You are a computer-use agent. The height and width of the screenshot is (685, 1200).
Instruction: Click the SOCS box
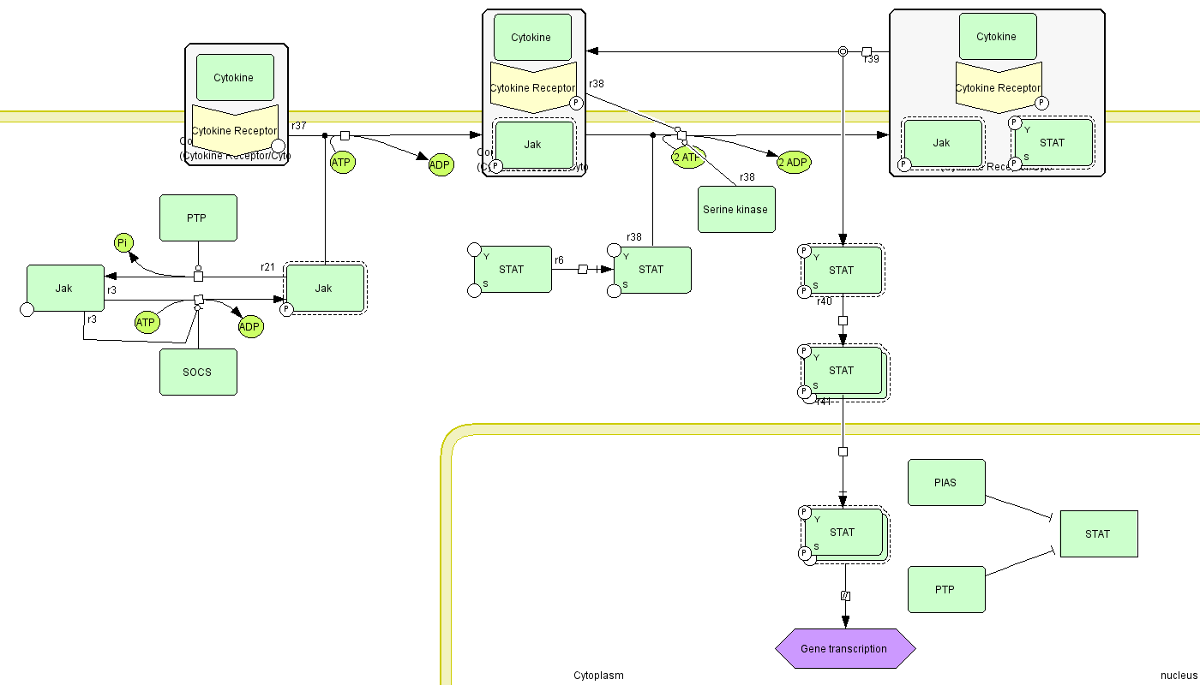tap(198, 372)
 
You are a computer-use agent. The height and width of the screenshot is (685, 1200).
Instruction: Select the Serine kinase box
tap(736, 209)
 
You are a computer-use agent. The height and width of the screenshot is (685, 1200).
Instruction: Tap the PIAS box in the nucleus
tap(946, 482)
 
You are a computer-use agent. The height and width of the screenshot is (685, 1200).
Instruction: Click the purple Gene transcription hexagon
tap(845, 648)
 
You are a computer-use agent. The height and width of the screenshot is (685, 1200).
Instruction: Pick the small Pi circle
tap(123, 243)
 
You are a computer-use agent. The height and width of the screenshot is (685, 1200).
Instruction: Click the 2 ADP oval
tap(794, 163)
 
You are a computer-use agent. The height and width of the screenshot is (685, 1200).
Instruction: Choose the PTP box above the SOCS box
tap(198, 217)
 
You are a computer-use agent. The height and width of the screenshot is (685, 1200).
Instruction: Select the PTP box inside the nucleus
tap(946, 589)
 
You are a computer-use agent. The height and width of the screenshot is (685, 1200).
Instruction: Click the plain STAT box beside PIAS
tap(1098, 533)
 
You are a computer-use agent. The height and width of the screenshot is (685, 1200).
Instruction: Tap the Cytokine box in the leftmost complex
tap(235, 77)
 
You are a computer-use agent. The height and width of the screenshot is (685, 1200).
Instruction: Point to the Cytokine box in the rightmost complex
tap(998, 36)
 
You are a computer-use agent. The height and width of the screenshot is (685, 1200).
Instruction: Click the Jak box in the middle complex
tap(533, 145)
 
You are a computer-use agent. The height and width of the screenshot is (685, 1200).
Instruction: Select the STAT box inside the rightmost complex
tap(1053, 142)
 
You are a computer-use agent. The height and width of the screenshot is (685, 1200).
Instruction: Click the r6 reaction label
tap(559, 259)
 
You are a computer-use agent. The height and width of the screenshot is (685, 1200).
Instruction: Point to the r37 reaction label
tap(299, 126)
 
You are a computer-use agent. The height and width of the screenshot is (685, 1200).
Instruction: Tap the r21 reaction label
tap(268, 267)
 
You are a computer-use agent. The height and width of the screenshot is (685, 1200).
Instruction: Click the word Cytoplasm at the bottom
tap(598, 675)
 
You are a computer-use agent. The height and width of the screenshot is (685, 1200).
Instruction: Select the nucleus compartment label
tap(1178, 675)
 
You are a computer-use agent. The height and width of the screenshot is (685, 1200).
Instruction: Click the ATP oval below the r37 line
tap(342, 162)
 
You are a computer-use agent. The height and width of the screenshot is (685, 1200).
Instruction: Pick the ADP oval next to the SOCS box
tap(249, 326)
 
